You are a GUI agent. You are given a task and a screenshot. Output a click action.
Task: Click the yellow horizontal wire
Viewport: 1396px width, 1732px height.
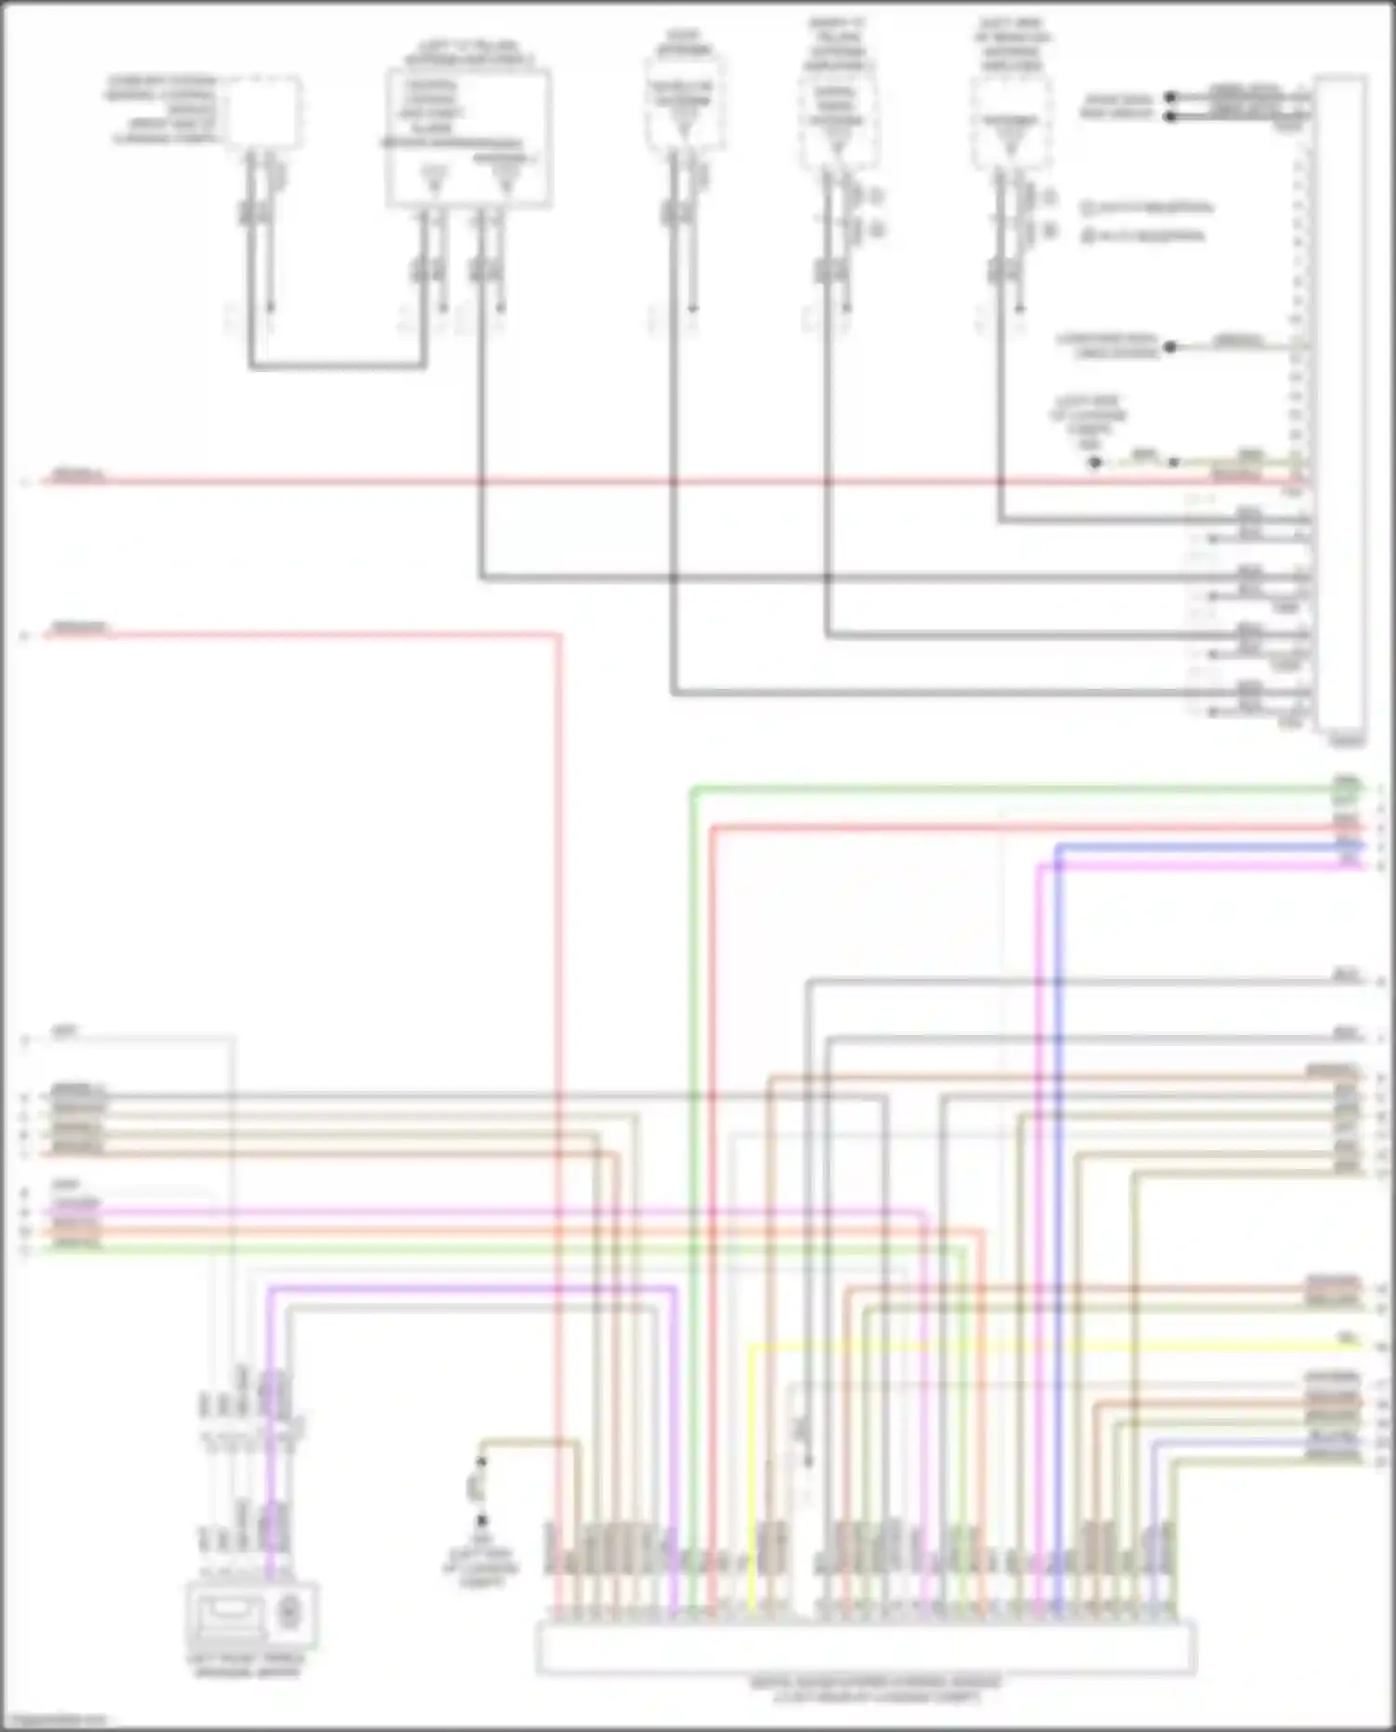[x=1024, y=1346]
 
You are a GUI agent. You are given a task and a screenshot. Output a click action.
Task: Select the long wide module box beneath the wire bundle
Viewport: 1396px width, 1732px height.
[x=866, y=1646]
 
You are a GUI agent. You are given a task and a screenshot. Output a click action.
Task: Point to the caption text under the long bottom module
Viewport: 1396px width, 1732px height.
[x=875, y=1689]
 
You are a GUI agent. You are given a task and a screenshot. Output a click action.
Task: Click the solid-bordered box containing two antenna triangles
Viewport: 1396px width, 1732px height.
[x=468, y=138]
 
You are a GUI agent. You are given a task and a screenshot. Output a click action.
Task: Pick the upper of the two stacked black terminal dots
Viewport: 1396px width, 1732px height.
[x=1171, y=97]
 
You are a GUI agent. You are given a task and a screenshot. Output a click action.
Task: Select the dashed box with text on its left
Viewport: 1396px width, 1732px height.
[x=266, y=112]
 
